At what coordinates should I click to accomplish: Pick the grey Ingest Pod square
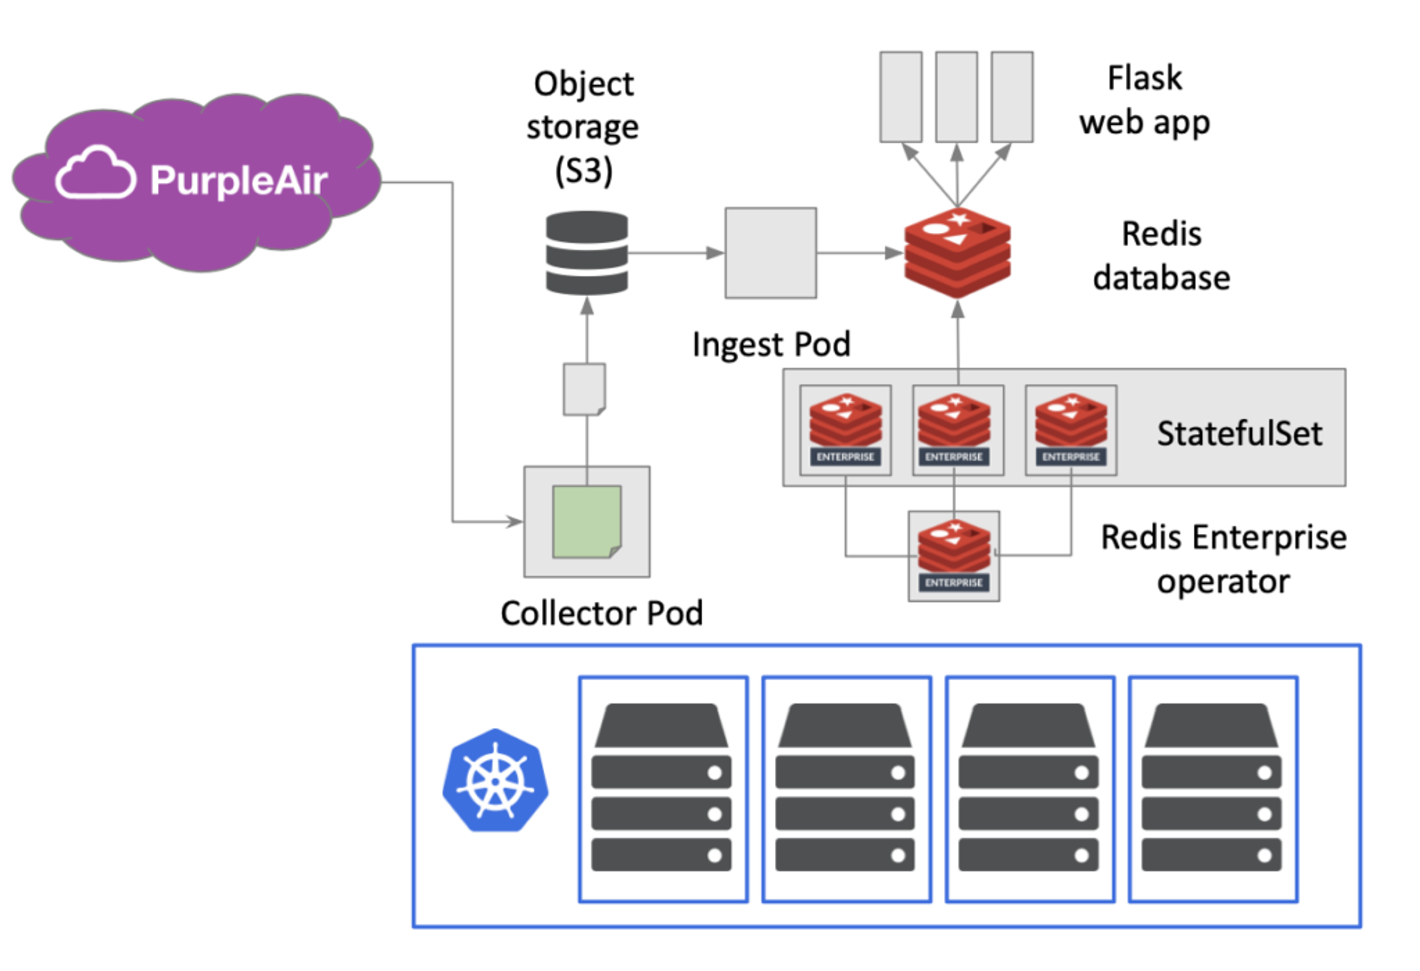(x=771, y=253)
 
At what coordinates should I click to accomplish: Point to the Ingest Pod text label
(x=771, y=344)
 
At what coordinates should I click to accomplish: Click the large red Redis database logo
(x=957, y=252)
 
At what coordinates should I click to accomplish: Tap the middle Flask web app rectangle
(x=956, y=97)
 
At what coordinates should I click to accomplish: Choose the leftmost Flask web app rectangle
(x=901, y=97)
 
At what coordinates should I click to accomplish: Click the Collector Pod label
(x=602, y=613)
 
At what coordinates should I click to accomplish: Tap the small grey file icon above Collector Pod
(x=584, y=389)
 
